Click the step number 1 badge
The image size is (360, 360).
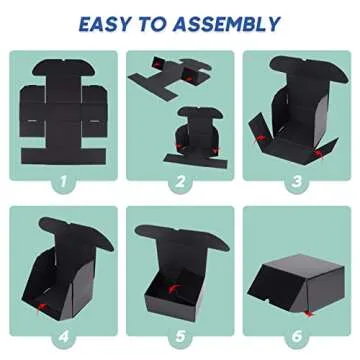(62, 183)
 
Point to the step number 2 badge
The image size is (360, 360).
(180, 183)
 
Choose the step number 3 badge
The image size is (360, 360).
(297, 183)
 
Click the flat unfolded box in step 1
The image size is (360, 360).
(62, 110)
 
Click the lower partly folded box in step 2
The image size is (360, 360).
(181, 136)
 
